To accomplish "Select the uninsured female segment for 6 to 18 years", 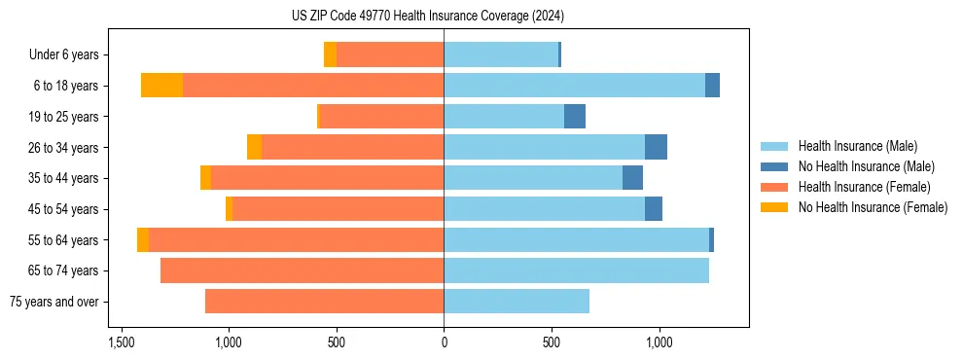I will point(161,86).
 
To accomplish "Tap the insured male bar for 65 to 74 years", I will point(576,270).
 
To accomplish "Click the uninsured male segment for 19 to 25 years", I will point(575,117).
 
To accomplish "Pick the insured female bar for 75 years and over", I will point(324,302).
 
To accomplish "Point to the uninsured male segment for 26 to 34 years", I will point(656,147).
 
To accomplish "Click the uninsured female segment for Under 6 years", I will point(330,54).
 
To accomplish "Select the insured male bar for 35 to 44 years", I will point(533,178).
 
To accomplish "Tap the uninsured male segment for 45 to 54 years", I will point(654,209).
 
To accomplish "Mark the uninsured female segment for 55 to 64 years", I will point(143,239).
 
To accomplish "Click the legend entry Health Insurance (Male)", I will point(857,146).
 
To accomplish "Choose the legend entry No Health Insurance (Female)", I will point(873,207).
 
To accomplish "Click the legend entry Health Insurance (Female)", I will point(864,187).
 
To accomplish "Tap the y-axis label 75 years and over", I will point(53,302).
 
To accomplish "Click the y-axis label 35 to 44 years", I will point(64,178).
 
